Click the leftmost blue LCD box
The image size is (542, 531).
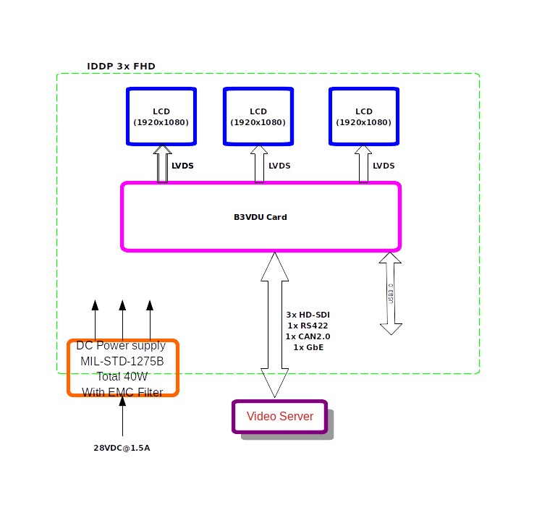[x=161, y=116]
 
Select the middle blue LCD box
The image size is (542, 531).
[x=258, y=116]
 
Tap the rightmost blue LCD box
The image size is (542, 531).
[x=364, y=116]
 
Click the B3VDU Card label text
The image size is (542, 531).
[x=261, y=217]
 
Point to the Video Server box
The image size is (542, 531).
[x=280, y=417]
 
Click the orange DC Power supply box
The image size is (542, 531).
[x=123, y=368]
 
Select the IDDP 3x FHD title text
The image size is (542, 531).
[x=121, y=67]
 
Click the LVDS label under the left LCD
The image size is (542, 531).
[x=182, y=166]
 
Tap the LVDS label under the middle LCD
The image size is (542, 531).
[x=279, y=166]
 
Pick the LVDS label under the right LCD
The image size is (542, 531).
[x=384, y=166]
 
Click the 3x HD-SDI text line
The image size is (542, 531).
[x=308, y=315]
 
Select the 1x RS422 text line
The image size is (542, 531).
[x=308, y=326]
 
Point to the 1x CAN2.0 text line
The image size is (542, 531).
[x=308, y=336]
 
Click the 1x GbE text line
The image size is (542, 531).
[x=308, y=347]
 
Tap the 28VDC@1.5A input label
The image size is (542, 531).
[x=122, y=448]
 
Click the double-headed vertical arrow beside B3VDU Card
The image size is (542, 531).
[x=391, y=294]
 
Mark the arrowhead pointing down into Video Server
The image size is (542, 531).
[x=275, y=383]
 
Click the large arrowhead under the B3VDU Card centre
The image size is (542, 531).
[x=275, y=267]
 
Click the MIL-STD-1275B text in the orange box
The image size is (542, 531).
[x=122, y=361]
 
